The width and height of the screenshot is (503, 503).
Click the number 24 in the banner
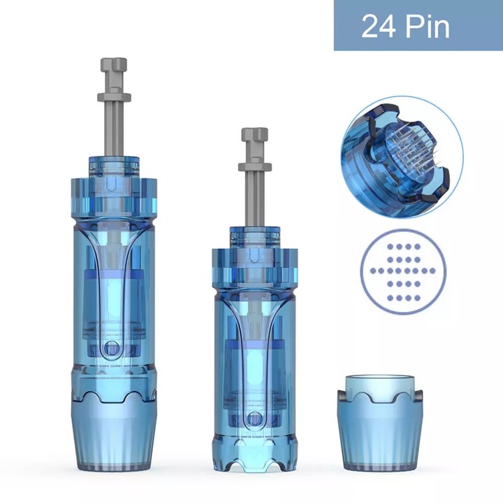tap(379, 27)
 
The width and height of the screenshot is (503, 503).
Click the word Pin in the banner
tap(428, 27)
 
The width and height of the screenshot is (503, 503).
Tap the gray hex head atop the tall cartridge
tap(114, 66)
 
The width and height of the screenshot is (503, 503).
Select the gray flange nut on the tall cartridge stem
tap(114, 96)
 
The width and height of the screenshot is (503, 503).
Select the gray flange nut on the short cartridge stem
tap(255, 167)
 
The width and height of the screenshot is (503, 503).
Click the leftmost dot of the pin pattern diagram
tap(372, 271)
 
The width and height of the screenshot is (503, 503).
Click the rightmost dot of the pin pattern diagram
tap(432, 271)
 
